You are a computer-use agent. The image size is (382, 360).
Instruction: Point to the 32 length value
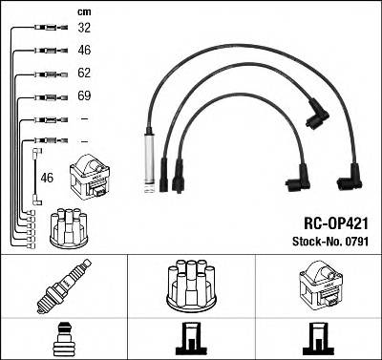click(x=84, y=29)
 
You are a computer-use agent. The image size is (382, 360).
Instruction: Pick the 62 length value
click(x=84, y=74)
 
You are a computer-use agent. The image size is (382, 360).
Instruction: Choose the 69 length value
click(x=84, y=96)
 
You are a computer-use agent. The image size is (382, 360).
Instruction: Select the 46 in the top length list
click(x=84, y=51)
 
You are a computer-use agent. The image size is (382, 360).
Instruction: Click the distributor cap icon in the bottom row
click(x=190, y=285)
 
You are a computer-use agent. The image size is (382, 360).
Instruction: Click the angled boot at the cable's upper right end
click(x=315, y=116)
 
